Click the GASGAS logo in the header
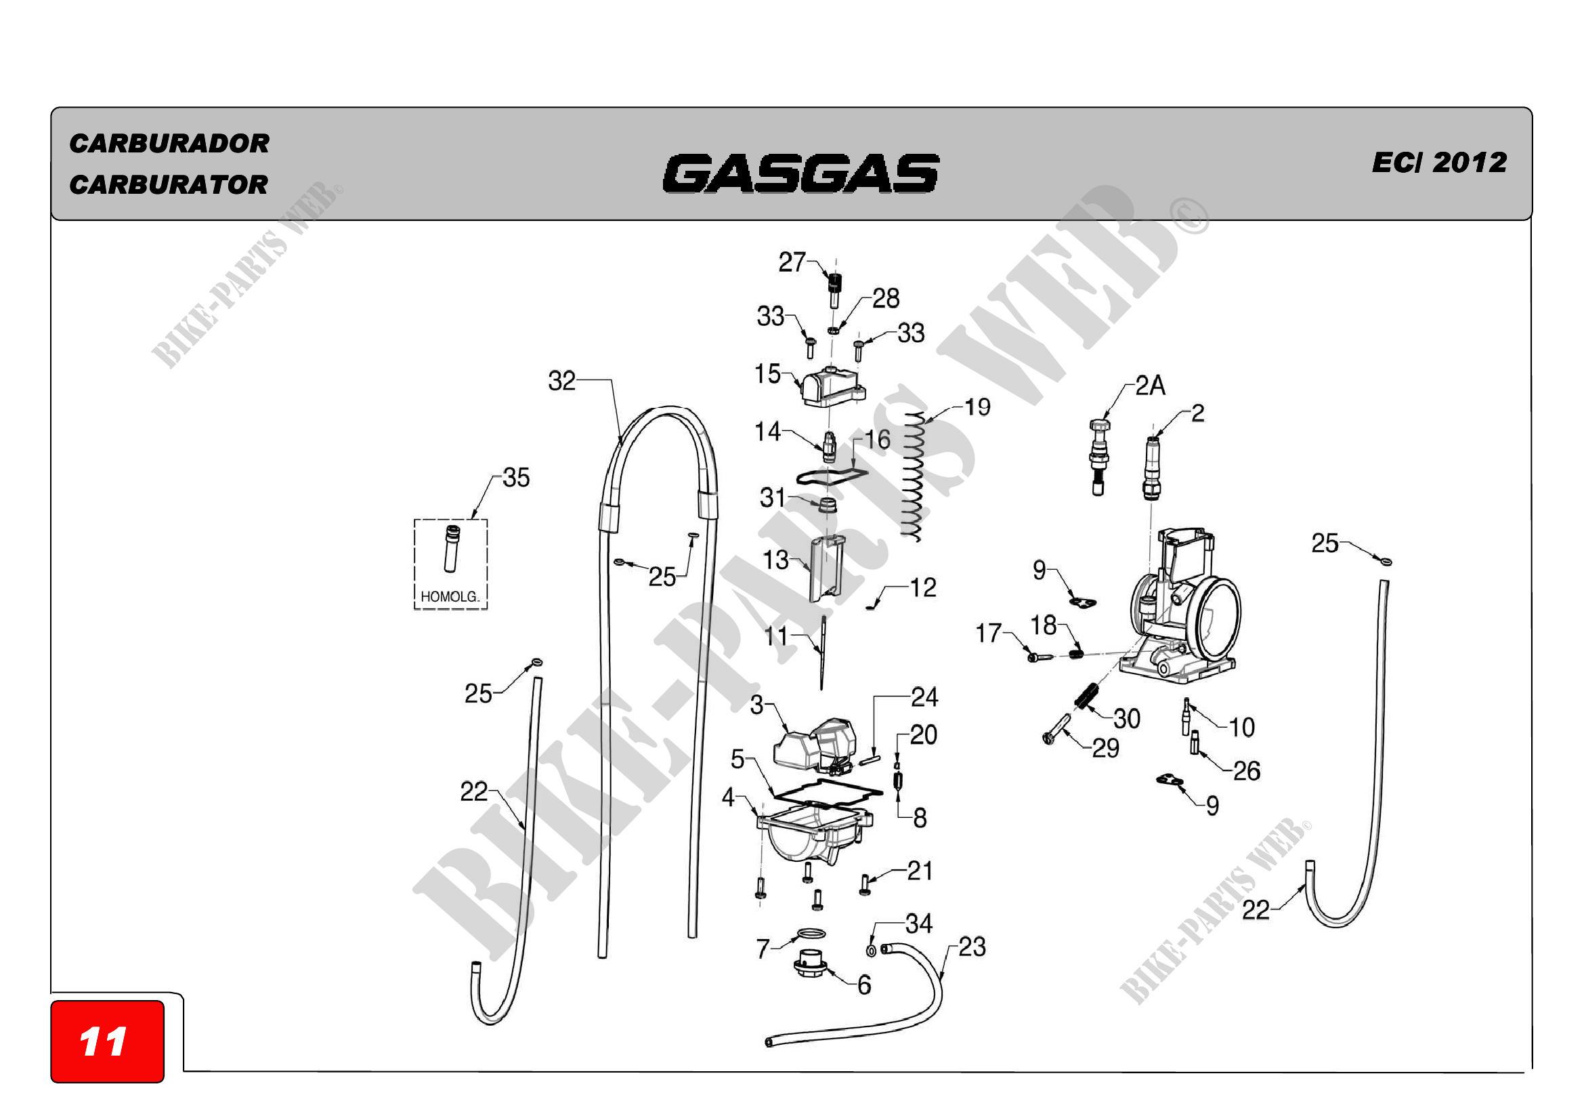point(800,173)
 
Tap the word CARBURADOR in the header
point(169,144)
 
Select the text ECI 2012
point(1439,163)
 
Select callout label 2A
point(1150,386)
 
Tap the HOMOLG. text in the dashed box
point(449,597)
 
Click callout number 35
point(516,478)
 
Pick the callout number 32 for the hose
point(561,381)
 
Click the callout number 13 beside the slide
point(775,560)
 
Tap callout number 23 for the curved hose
point(971,947)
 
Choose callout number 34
point(919,924)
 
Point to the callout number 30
point(1127,719)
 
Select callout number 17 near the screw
point(988,633)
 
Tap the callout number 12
point(923,588)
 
